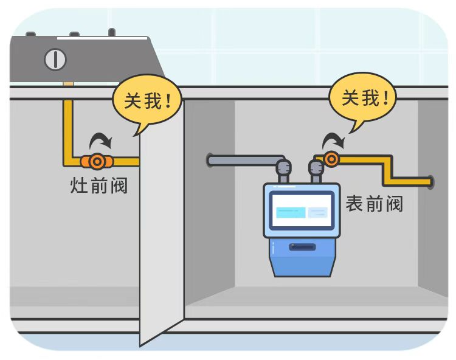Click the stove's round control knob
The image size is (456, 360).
point(55,60)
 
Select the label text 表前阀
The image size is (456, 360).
point(374,204)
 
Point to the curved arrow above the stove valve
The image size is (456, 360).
point(101,142)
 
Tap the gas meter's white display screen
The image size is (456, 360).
point(302,211)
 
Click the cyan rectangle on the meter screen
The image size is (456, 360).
point(291,212)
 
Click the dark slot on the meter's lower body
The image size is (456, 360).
point(302,247)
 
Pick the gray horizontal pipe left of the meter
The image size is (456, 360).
point(243,161)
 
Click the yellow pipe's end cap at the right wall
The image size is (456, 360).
point(430,181)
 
